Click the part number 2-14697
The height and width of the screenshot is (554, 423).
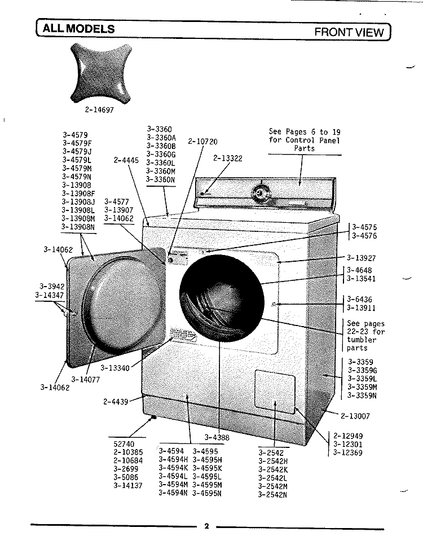pyautogui.click(x=99, y=111)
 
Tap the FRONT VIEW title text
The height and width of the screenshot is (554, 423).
pyautogui.click(x=349, y=32)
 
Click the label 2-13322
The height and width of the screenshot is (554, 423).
pyautogui.click(x=228, y=159)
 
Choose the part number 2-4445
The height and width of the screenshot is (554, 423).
pyautogui.click(x=126, y=160)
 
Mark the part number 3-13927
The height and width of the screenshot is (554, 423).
pyautogui.click(x=361, y=257)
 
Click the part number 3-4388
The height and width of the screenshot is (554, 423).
pyautogui.click(x=217, y=437)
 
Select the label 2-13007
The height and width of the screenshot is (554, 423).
pyautogui.click(x=355, y=416)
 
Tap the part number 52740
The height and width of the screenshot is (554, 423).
pyautogui.click(x=124, y=443)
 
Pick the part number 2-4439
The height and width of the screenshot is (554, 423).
pyautogui.click(x=115, y=402)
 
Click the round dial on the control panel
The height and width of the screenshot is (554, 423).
pyautogui.click(x=260, y=192)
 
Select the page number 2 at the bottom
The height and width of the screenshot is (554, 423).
pyautogui.click(x=206, y=526)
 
